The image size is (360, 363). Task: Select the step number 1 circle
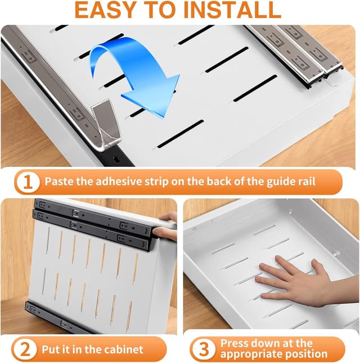[28, 182]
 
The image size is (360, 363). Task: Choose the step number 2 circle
[25, 350]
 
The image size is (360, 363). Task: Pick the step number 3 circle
[204, 350]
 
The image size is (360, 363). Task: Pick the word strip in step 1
[156, 182]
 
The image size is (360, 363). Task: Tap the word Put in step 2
[50, 350]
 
